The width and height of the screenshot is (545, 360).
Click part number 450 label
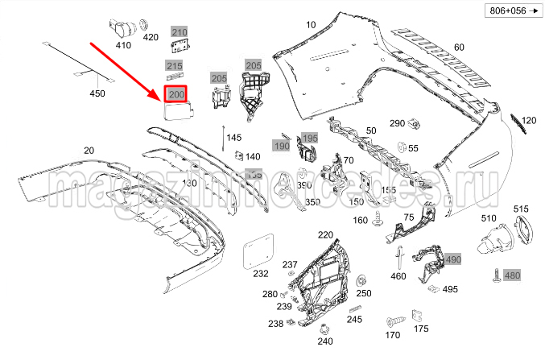coord(97,94)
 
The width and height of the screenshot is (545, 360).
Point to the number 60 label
coord(459,47)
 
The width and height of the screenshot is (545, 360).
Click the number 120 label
coord(527,121)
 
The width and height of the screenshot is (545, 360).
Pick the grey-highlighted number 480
coord(512,276)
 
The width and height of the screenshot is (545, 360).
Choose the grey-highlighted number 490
coord(452,259)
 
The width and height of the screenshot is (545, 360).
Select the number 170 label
coord(392,334)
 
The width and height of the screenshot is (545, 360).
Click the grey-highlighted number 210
coord(179,33)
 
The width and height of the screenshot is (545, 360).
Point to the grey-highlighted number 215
coord(175,66)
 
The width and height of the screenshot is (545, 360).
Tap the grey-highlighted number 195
coord(310,139)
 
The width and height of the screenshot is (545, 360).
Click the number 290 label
coord(398,123)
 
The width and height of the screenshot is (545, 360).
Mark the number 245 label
coord(355,319)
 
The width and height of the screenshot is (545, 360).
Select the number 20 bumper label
coord(89,151)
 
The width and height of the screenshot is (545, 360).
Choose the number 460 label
coord(398,276)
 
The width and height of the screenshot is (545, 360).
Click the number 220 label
coord(324,234)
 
